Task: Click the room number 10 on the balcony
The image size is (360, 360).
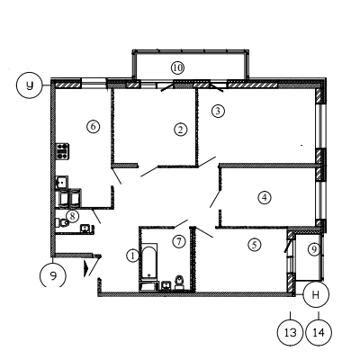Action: pos(177,67)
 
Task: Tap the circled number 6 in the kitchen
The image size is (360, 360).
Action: pos(93,126)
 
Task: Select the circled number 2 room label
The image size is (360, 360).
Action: pos(180,130)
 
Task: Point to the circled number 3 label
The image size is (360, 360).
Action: pos(218,111)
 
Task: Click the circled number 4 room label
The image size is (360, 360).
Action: pos(265,197)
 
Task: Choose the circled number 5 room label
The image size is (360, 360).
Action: pos(255,245)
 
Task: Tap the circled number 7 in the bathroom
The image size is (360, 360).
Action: pos(179,241)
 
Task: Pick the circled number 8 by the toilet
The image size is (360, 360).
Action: pos(72,216)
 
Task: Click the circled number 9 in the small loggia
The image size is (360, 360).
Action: pos(314,249)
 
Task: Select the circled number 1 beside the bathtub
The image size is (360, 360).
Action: pos(132,256)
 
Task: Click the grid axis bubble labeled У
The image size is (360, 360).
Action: pos(30,85)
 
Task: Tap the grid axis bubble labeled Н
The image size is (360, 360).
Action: pos(316,294)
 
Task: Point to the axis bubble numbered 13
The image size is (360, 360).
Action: pos(290,332)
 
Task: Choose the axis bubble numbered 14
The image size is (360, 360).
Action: pos(319,332)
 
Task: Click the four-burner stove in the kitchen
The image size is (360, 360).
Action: pos(62,151)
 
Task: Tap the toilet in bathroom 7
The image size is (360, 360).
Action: pos(179,283)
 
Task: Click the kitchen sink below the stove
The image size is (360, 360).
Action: pos(62,182)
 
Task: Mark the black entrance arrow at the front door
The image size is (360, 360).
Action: pos(86,268)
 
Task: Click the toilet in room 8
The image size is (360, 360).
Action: pos(62,222)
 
